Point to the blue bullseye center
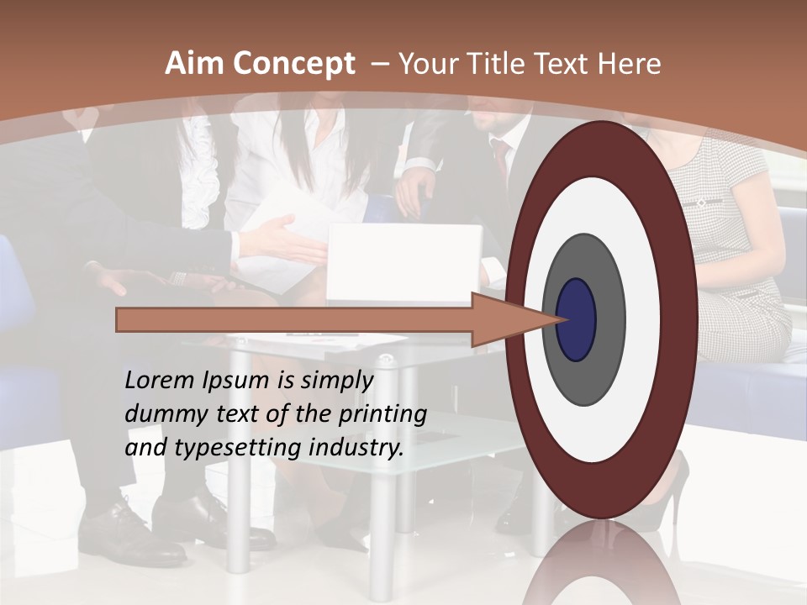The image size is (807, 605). click(x=576, y=319)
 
